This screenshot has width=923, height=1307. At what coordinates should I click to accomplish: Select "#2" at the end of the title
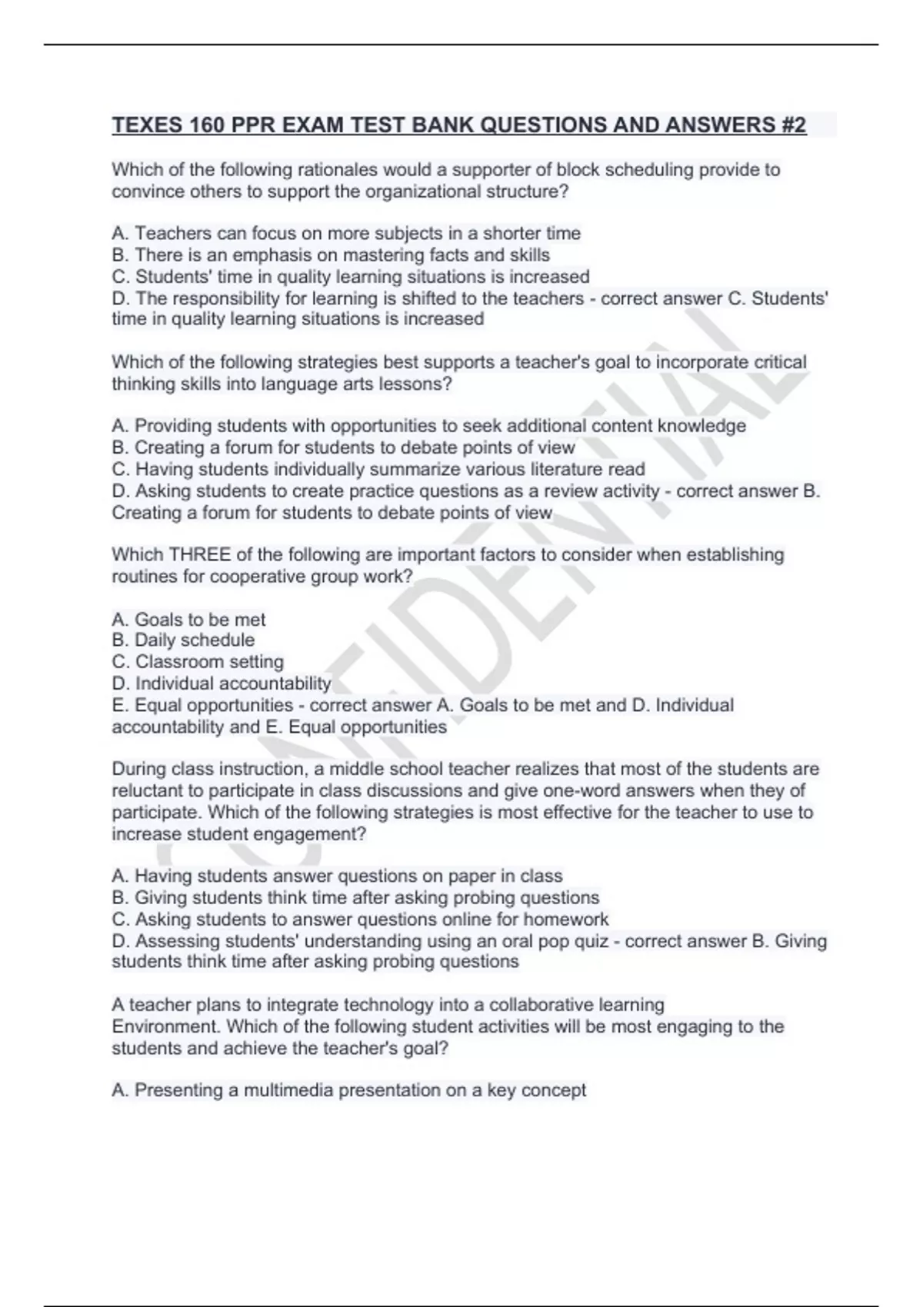tap(791, 125)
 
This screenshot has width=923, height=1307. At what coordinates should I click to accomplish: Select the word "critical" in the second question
tap(775, 362)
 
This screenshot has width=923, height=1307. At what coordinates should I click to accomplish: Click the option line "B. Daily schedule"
tap(183, 640)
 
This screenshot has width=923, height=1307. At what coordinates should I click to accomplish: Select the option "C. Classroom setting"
tap(198, 661)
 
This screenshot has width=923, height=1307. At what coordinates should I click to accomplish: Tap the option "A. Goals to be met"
tap(188, 619)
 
